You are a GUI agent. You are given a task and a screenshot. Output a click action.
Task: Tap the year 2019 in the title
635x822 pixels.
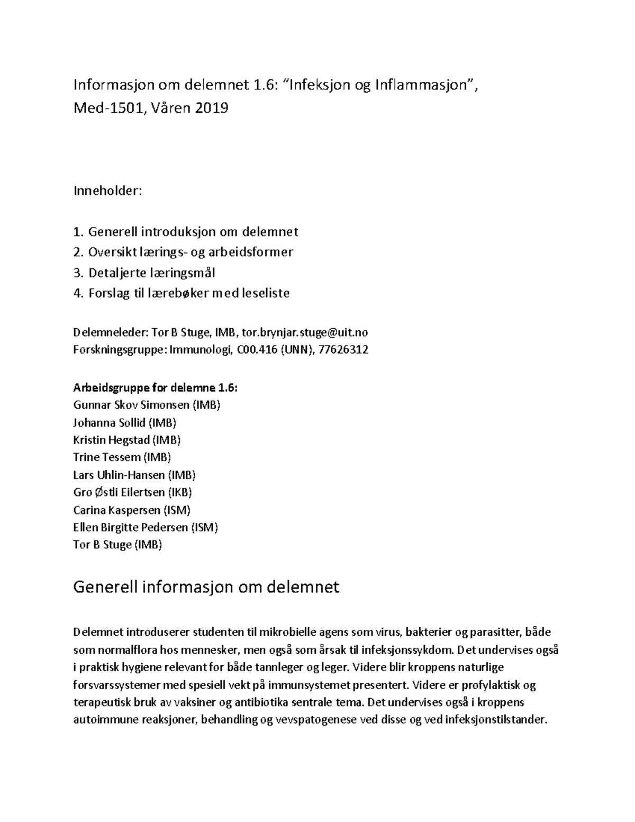click(212, 109)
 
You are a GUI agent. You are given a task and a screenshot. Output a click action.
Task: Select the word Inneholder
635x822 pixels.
click(107, 191)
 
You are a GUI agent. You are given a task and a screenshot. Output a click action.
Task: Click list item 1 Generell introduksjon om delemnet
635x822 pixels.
click(186, 231)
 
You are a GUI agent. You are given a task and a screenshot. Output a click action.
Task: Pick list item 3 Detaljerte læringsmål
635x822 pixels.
click(144, 273)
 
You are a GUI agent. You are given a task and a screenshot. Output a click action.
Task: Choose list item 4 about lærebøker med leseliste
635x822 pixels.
click(182, 293)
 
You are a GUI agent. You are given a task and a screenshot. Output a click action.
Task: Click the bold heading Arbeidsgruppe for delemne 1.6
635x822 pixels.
click(155, 387)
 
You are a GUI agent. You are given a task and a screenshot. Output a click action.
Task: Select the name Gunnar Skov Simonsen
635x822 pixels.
click(131, 405)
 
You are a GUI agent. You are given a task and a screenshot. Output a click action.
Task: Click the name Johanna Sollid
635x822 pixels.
click(109, 422)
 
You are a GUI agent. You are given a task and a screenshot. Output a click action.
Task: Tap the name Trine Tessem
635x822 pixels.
click(107, 457)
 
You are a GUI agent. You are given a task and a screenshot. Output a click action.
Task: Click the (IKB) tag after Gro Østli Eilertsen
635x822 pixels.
click(179, 492)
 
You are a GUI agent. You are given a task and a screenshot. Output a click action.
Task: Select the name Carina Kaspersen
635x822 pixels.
click(116, 510)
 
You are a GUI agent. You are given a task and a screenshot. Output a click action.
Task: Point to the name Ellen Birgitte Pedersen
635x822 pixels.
click(130, 527)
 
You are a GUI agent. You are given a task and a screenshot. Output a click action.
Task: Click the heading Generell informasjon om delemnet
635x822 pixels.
click(206, 587)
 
